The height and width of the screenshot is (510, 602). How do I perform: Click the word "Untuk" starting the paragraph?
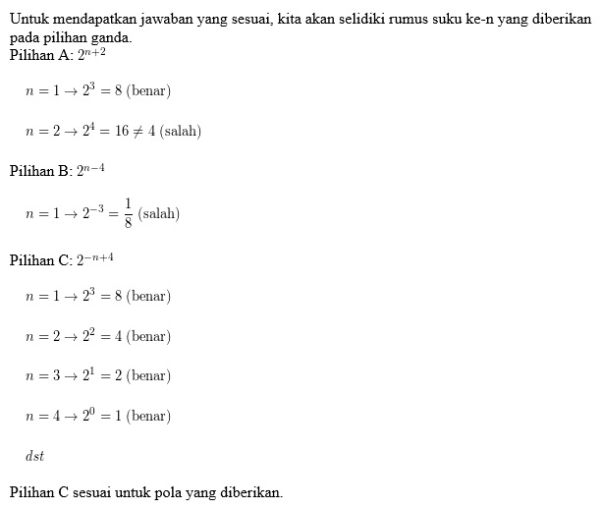[x=27, y=19]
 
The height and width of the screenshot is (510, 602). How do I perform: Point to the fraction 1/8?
[x=128, y=212]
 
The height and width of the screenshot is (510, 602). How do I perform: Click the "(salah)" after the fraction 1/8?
[x=159, y=213]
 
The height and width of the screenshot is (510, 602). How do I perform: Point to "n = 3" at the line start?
[x=41, y=376]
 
